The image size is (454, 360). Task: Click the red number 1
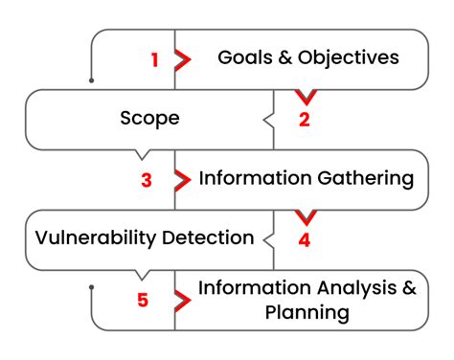155,59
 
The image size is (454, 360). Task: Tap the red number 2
305,120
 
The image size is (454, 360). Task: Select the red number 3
147,179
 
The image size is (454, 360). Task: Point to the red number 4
305,240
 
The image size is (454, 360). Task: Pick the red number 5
143,300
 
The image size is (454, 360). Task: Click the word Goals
243,58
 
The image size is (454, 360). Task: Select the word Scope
150,119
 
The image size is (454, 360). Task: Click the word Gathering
367,179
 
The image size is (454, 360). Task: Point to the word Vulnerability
92,237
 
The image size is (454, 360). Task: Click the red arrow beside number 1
183,59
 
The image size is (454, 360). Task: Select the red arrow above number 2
305,96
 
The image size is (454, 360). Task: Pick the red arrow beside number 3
183,179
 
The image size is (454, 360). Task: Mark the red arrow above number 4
305,216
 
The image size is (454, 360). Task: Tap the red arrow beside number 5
183,300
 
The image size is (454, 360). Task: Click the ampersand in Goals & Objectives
286,58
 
